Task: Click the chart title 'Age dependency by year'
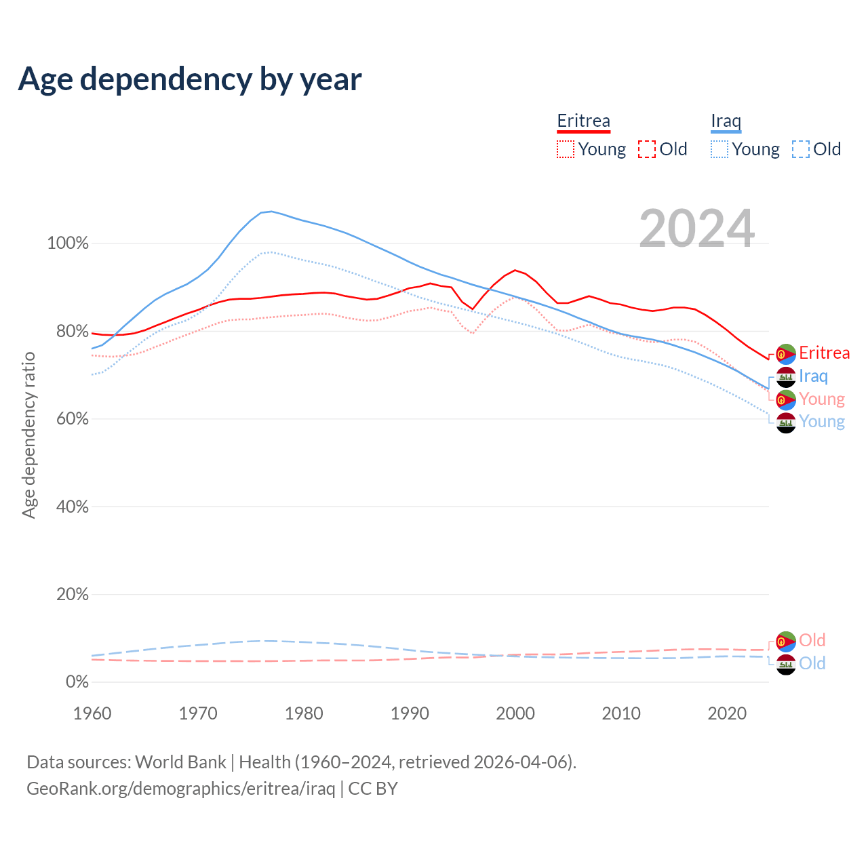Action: tap(190, 79)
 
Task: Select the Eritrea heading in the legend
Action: tap(583, 121)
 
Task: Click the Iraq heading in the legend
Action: tap(726, 121)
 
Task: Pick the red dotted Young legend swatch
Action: tap(566, 149)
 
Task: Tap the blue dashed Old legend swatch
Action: tap(801, 149)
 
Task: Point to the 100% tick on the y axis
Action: tap(68, 243)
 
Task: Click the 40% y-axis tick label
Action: tap(71, 507)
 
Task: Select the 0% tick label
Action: tap(77, 682)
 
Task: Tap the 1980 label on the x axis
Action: tap(304, 713)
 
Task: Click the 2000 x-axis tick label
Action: tap(515, 713)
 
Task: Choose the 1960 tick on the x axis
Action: tap(92, 713)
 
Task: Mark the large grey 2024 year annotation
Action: tap(696, 229)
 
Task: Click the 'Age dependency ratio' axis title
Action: tap(28, 435)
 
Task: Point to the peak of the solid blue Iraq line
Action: tap(271, 212)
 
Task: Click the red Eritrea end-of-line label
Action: tap(824, 353)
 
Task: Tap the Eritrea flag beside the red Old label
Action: tap(785, 641)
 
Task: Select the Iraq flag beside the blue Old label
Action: tap(785, 664)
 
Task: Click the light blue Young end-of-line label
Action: tap(822, 422)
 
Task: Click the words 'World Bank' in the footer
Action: tap(180, 762)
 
